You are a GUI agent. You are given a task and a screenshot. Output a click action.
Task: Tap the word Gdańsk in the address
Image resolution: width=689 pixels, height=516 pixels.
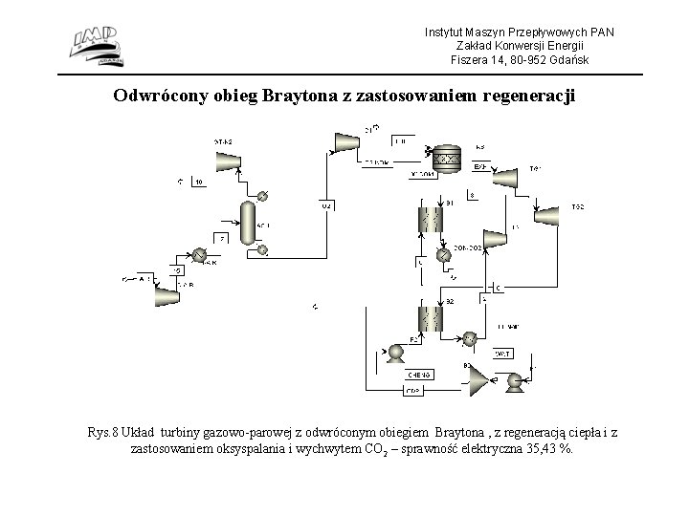click(x=567, y=60)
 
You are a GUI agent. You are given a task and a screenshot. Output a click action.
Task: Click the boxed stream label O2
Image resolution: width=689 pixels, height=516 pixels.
click(x=326, y=205)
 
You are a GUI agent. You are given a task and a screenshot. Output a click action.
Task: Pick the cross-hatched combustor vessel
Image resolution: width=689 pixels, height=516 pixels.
click(x=445, y=160)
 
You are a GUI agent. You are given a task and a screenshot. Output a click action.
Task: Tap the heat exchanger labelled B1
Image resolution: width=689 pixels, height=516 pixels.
click(x=428, y=221)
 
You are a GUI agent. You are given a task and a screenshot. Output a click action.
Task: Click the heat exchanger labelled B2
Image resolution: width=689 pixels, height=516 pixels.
click(x=428, y=318)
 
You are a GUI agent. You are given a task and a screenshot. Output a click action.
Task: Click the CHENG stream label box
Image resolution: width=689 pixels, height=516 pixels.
click(x=419, y=374)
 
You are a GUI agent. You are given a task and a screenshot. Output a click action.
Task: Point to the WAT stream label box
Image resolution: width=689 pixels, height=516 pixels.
click(x=501, y=354)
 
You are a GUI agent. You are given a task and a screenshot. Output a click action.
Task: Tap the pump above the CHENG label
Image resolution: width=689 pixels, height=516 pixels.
click(x=394, y=353)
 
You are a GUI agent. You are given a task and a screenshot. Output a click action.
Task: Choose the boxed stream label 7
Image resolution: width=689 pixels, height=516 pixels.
click(x=222, y=238)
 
